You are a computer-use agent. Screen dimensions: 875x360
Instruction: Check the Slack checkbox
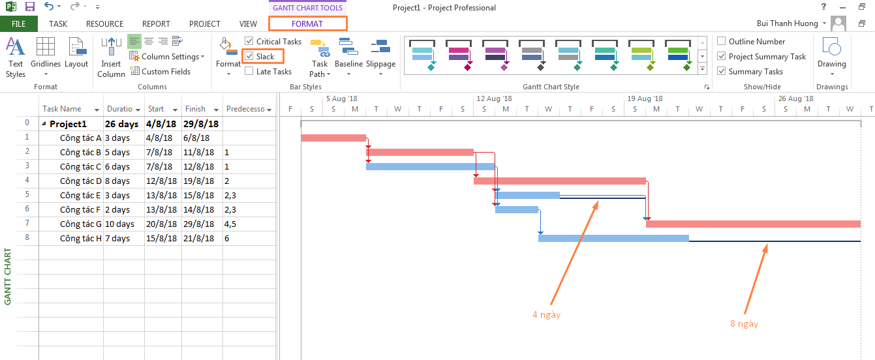[x=249, y=56]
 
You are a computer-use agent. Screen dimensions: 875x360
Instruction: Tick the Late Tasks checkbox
[x=249, y=71]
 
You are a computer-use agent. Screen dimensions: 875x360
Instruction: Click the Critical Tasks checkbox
[x=249, y=41]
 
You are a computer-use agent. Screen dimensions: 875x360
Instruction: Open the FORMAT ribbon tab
[x=307, y=24]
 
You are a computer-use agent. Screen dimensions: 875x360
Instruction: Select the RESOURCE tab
[x=104, y=24]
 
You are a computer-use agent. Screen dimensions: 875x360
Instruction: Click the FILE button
[x=19, y=24]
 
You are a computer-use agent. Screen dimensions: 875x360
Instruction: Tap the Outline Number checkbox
[x=722, y=41]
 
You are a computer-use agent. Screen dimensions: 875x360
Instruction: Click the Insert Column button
[x=112, y=57]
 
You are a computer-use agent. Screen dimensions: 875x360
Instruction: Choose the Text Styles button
[x=16, y=57]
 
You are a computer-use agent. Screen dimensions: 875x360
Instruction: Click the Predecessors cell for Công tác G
[x=250, y=224]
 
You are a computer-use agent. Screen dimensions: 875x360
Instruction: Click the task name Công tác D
[x=80, y=181]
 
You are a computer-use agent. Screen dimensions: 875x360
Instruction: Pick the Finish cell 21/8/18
[x=199, y=239]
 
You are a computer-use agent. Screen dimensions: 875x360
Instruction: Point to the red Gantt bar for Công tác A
[x=333, y=138]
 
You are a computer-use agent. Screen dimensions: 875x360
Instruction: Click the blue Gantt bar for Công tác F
[x=517, y=210]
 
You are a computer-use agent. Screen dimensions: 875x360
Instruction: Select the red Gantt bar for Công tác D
[x=560, y=181]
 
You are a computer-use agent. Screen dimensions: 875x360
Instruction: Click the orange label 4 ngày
[x=547, y=315]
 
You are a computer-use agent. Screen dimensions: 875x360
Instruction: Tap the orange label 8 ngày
[x=744, y=324]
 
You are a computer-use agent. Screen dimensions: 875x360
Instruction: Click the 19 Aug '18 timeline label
[x=645, y=98]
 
